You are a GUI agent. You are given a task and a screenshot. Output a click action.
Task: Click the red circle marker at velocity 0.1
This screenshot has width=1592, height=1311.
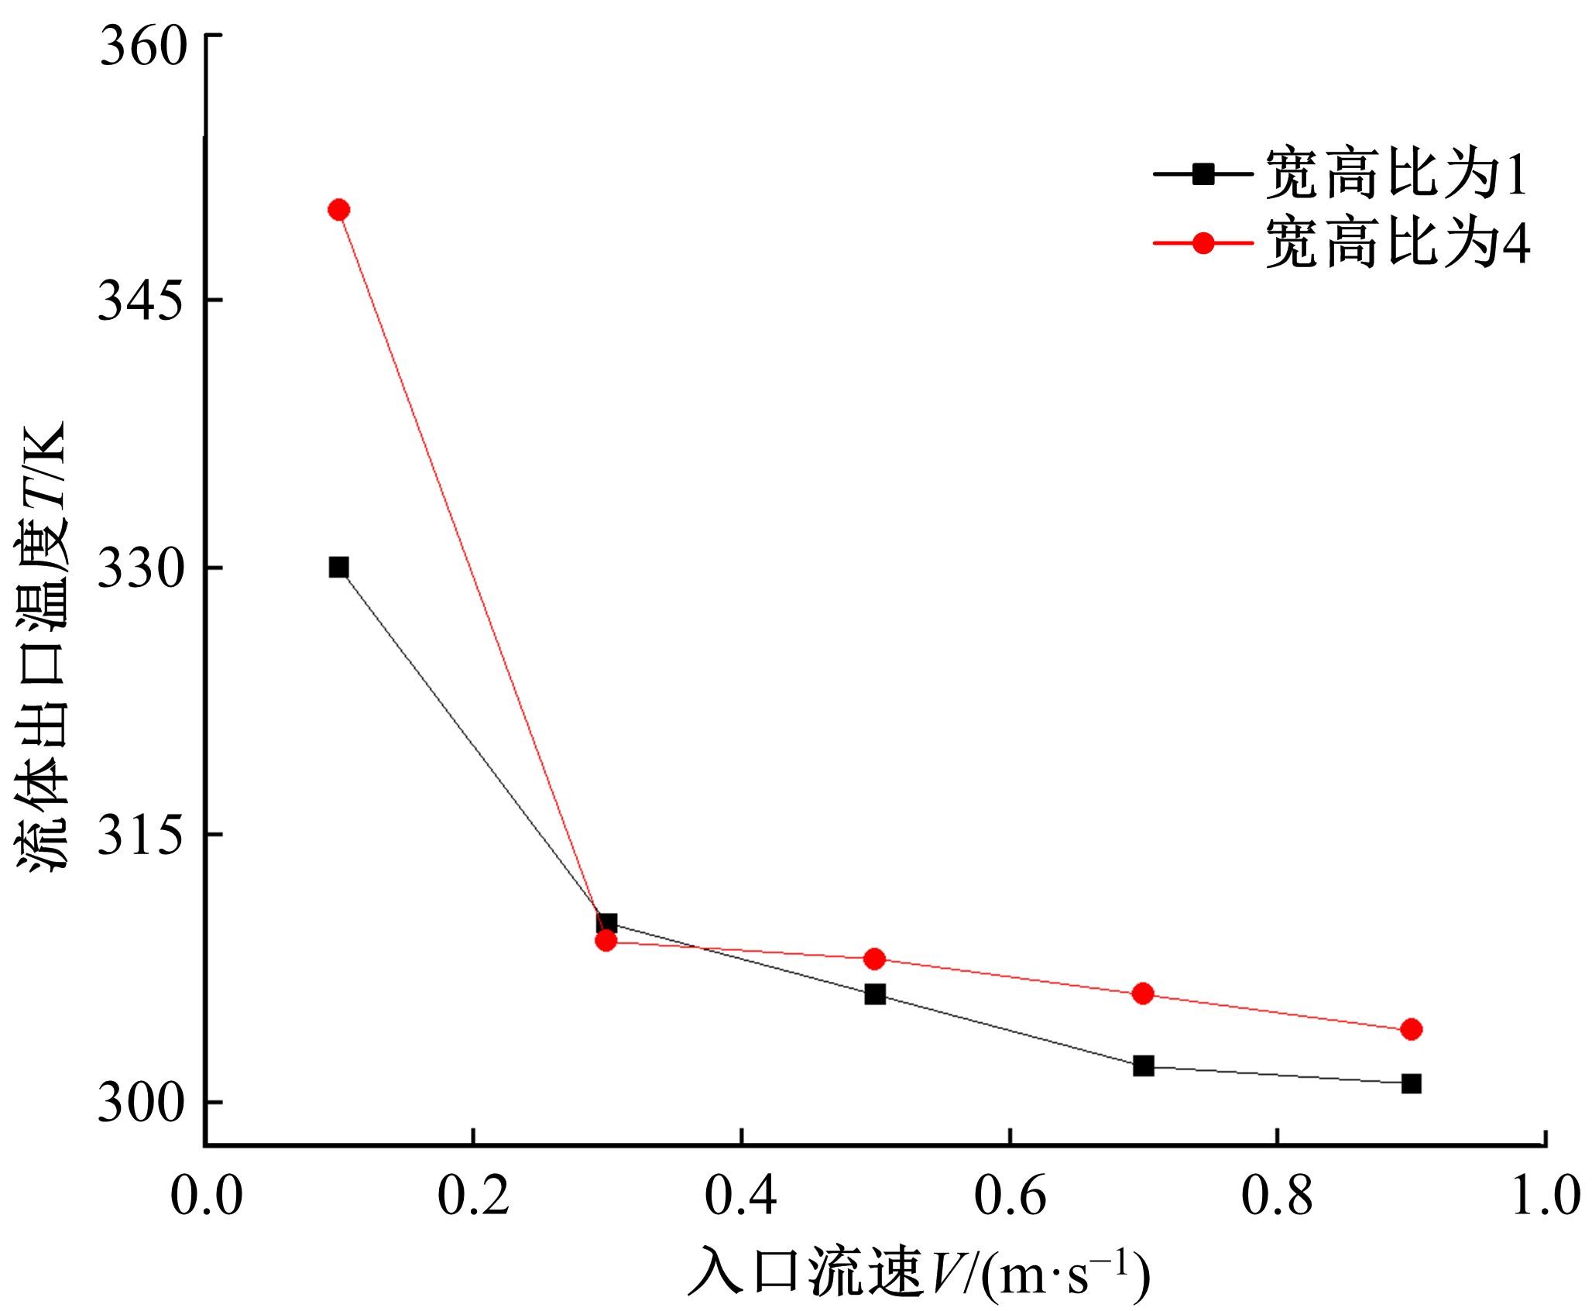(x=338, y=210)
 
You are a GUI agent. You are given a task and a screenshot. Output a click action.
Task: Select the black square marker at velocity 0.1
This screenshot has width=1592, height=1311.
(x=338, y=568)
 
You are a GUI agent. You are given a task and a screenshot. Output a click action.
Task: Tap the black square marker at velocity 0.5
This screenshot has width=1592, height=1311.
(x=875, y=994)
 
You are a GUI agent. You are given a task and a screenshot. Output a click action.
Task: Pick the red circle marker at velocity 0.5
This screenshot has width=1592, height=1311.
(x=875, y=959)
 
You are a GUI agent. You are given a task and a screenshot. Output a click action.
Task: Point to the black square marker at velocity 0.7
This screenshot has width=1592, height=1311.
(x=1143, y=1066)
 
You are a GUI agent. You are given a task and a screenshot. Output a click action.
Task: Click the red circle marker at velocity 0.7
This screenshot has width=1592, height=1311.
(x=1143, y=994)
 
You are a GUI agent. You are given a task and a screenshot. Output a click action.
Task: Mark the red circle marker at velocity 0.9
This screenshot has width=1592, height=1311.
(x=1412, y=1029)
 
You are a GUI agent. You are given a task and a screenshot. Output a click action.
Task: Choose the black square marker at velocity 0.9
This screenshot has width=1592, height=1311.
(x=1412, y=1083)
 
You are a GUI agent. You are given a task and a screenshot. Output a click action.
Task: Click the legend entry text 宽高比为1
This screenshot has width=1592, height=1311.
(x=1397, y=176)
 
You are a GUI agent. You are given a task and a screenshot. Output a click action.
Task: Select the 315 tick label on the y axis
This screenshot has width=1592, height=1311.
(x=144, y=835)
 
